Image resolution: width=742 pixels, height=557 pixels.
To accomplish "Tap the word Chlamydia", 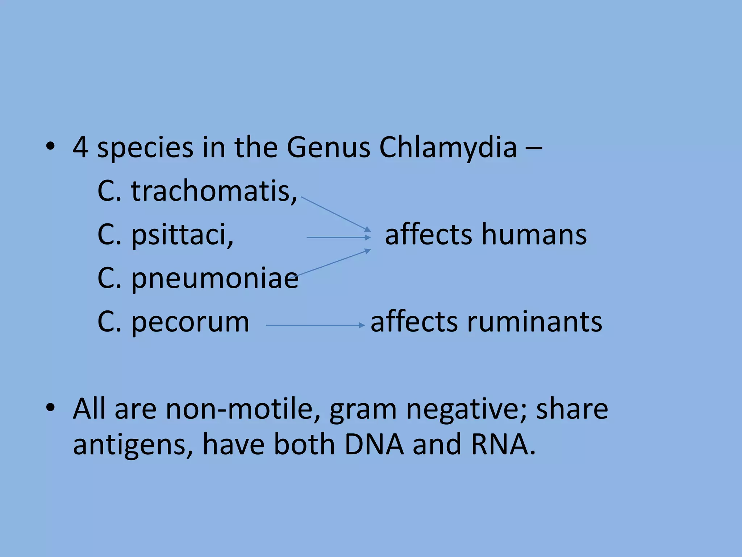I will [448, 148].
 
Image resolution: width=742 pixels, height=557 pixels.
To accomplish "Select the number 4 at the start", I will [80, 148].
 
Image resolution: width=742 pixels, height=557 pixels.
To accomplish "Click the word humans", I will [534, 235].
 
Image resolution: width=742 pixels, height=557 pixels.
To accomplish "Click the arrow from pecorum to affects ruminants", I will [315, 325].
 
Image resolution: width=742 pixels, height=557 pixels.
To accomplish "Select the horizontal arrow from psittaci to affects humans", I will [338, 238].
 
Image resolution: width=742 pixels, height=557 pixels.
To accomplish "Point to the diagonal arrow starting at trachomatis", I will [335, 214].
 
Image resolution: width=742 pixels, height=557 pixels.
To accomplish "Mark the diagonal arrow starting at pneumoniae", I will [332, 263].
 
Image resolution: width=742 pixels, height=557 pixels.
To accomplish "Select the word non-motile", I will [243, 409].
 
